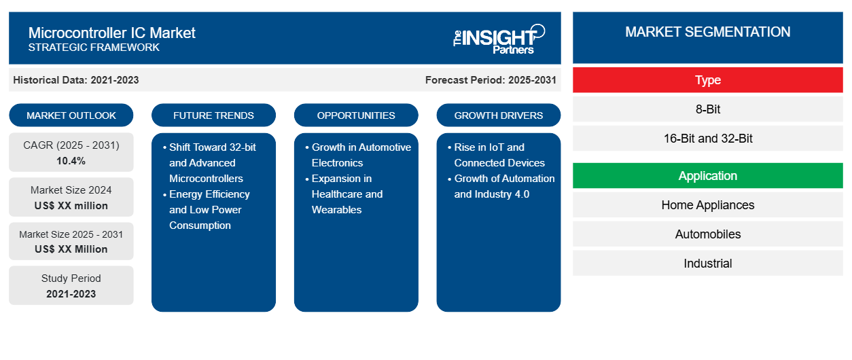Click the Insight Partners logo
point(499,39)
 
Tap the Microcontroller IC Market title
point(112,33)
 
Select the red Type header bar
point(707,80)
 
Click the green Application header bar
point(707,176)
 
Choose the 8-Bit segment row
point(707,109)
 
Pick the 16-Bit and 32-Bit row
point(707,139)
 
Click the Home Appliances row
point(707,205)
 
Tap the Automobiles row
point(707,234)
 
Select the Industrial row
point(707,263)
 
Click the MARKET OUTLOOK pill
point(71,115)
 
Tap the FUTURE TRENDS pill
point(213,115)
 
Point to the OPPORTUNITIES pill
point(356,115)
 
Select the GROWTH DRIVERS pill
point(498,115)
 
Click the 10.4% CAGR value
point(71,161)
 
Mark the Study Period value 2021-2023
point(71,294)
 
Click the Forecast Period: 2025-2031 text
point(491,80)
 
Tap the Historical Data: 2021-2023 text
point(76,80)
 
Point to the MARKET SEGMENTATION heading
point(707,32)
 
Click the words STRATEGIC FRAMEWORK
point(94,48)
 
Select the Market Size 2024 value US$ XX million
point(71,206)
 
